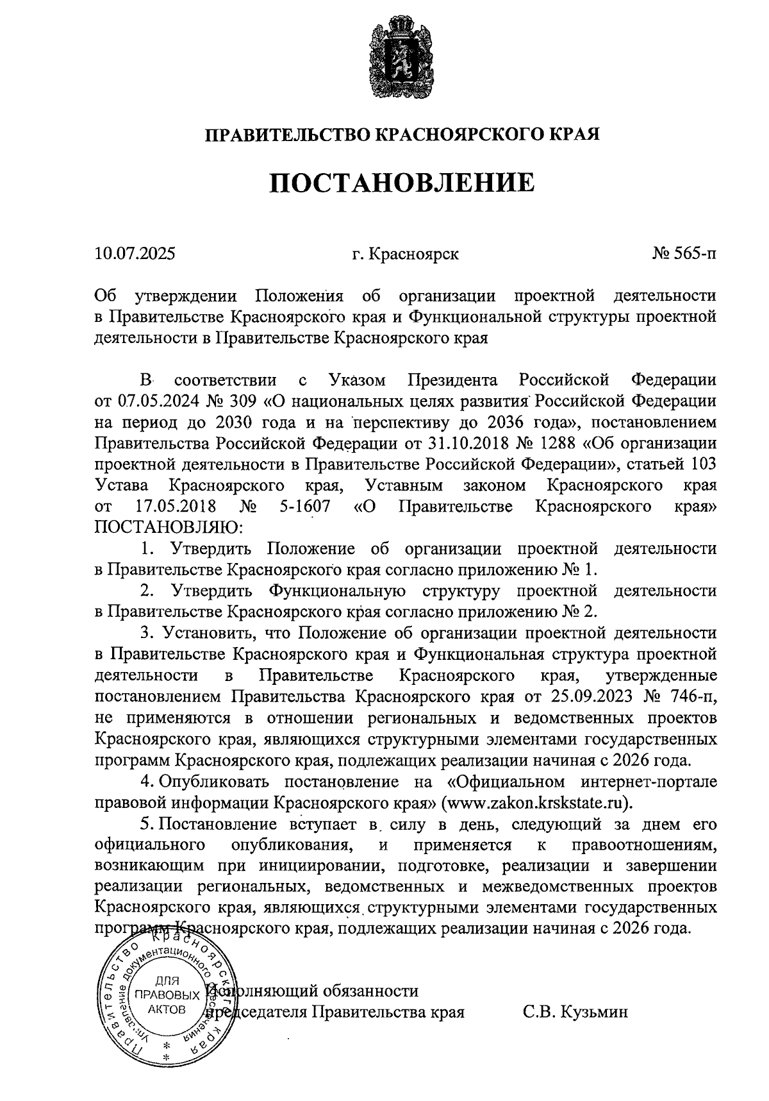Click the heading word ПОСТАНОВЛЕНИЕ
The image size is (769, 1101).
coord(402,183)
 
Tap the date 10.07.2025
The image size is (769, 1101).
coord(135,253)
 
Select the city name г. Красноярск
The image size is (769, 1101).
coord(405,254)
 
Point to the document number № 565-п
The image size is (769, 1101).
coord(684,253)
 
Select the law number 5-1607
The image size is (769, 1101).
coord(305,507)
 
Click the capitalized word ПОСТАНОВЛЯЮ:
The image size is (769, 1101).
coord(169,528)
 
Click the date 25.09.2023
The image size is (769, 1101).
coord(590,696)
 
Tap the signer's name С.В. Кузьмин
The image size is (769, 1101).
coord(575,1012)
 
